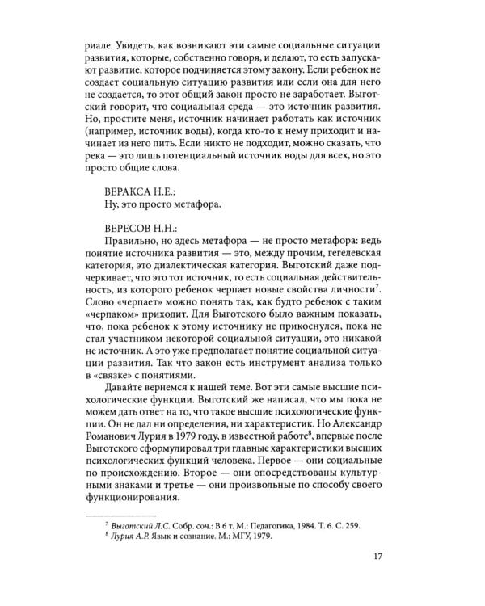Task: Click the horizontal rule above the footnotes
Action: point(120,515)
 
